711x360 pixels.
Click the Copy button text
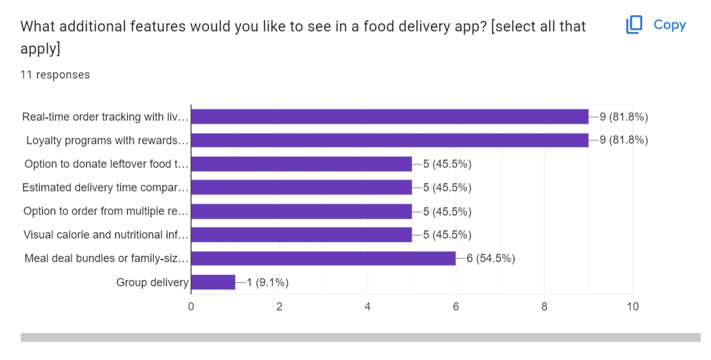(669, 25)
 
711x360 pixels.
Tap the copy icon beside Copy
(634, 25)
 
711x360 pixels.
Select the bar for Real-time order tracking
(389, 116)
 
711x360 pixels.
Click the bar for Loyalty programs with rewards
(389, 140)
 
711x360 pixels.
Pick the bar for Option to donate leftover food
(301, 164)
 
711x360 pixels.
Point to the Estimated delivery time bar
(301, 187)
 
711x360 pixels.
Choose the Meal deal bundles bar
(323, 258)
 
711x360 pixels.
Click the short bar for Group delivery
(213, 283)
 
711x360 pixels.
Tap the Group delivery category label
(152, 283)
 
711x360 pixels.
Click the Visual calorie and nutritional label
(105, 235)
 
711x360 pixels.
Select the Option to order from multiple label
(105, 211)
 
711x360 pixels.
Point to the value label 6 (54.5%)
(491, 258)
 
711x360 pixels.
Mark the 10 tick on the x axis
(632, 306)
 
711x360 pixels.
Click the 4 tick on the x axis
(368, 306)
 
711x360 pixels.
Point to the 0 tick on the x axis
(191, 306)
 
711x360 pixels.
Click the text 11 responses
(55, 75)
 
